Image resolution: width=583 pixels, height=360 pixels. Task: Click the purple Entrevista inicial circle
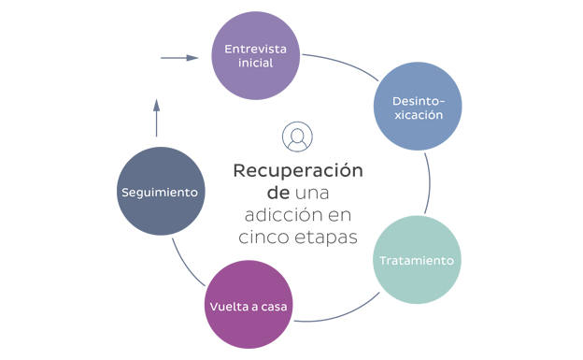[256, 54]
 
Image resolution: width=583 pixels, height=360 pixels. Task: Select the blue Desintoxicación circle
[418, 106]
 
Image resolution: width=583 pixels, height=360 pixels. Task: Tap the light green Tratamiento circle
[419, 260]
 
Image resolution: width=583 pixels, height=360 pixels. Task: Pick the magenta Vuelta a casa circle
[249, 305]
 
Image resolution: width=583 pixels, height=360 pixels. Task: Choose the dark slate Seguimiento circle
[160, 192]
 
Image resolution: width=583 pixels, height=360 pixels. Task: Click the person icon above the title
[297, 137]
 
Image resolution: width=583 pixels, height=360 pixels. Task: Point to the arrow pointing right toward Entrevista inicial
[180, 58]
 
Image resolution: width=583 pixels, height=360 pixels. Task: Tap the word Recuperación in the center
[297, 171]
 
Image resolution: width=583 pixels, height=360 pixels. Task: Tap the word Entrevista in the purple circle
[256, 47]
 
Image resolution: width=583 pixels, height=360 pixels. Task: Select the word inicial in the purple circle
[256, 64]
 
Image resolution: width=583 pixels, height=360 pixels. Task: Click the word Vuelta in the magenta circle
[226, 306]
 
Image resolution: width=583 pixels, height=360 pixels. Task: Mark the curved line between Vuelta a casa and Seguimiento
[185, 262]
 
